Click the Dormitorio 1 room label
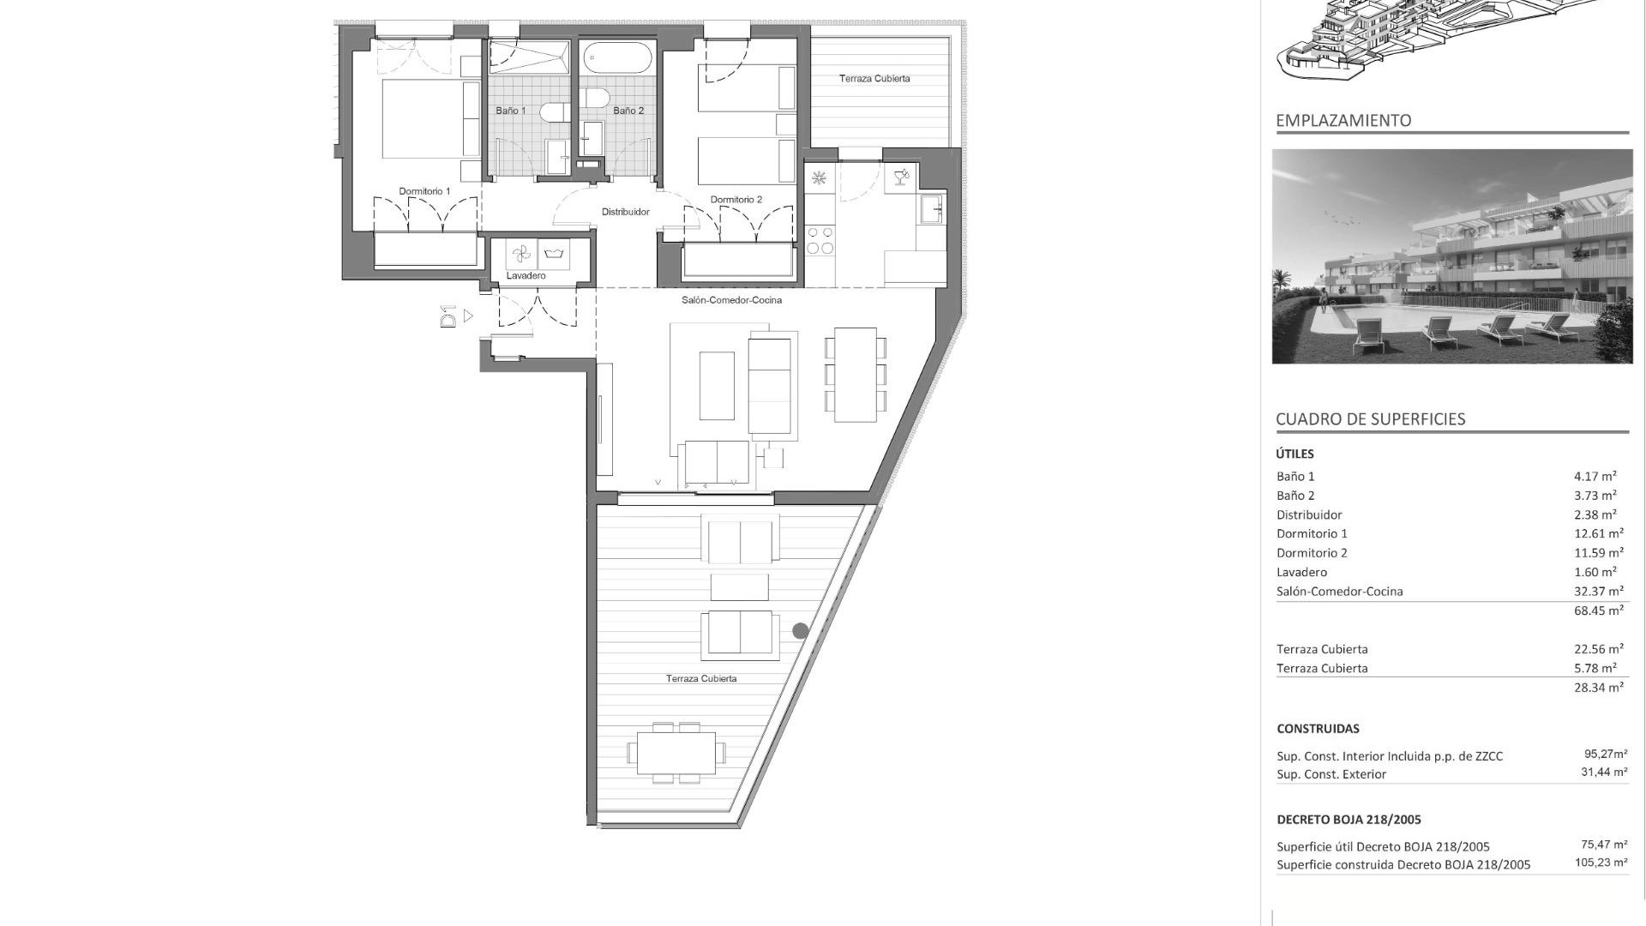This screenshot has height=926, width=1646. (x=424, y=191)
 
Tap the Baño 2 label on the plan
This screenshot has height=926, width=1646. (x=628, y=111)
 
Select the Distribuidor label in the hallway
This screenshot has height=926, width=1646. (x=625, y=212)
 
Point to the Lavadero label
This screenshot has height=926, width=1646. (x=526, y=276)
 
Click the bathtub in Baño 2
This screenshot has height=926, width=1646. (x=617, y=58)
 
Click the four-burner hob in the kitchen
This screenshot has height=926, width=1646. (x=820, y=239)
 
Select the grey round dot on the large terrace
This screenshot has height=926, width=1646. (x=800, y=631)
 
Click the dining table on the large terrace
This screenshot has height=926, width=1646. (x=676, y=753)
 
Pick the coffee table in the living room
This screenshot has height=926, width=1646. (x=717, y=386)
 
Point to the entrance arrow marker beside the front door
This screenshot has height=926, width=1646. (x=468, y=316)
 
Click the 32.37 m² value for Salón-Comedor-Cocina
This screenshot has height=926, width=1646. (x=1598, y=592)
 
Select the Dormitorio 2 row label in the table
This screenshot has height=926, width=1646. (x=1312, y=553)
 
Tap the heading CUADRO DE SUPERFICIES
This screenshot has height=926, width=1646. (x=1370, y=419)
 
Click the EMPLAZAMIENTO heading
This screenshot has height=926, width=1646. (x=1343, y=121)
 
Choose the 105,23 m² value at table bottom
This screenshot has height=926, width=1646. (x=1601, y=863)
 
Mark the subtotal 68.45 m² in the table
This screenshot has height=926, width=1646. (x=1598, y=611)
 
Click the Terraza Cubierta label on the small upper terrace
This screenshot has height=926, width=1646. (x=874, y=79)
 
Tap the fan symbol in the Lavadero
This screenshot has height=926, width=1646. (x=520, y=254)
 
